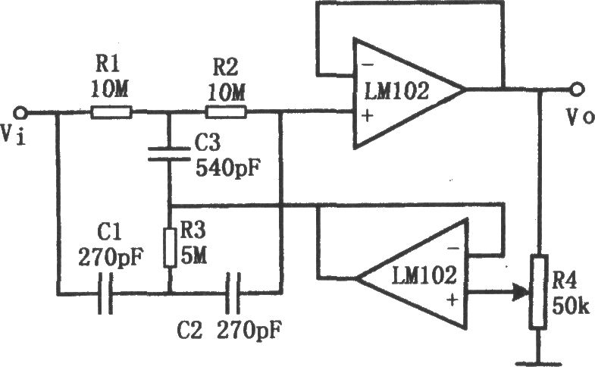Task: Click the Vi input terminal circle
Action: pos(20,113)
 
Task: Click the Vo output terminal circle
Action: pos(576,89)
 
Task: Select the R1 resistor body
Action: pos(111,112)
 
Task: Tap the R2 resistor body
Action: pos(226,112)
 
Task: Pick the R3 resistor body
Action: pos(170,247)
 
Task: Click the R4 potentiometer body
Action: pos(539,291)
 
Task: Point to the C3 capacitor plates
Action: pos(169,154)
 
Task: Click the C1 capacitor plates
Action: pos(105,293)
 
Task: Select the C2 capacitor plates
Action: pos(233,293)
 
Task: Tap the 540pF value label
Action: pos(229,168)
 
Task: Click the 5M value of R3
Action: pos(193,256)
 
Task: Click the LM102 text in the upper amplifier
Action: pos(397,91)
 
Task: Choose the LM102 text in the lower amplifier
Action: pos(424,275)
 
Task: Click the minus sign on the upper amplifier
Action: pos(368,65)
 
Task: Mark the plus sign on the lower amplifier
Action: pos(452,300)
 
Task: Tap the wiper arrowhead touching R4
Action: pos(522,293)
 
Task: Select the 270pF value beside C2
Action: pos(249,330)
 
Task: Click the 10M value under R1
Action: pos(109,90)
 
